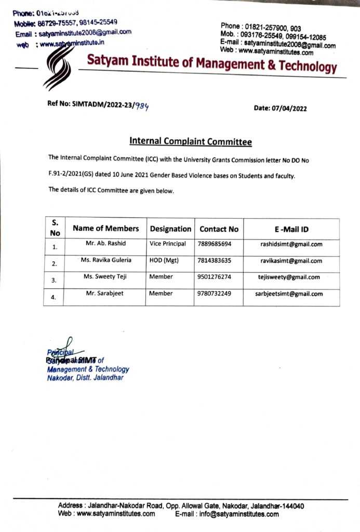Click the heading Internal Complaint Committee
point(190,141)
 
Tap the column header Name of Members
point(105,229)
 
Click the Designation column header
point(170,229)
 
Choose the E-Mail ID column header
point(291,229)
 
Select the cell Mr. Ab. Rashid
point(105,244)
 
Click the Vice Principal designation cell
point(167,244)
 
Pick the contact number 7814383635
point(215,261)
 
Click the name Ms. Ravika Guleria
point(105,260)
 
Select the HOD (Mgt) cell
point(164,261)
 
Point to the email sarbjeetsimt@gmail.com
point(289,294)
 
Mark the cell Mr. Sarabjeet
point(105,294)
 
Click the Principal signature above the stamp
point(59,349)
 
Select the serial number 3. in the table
point(54,281)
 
